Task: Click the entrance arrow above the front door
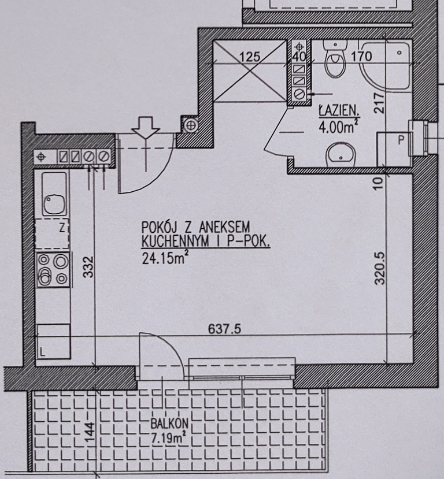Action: click(146, 126)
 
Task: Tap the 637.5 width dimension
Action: click(224, 329)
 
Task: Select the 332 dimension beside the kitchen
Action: click(88, 267)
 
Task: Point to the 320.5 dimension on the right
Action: click(379, 268)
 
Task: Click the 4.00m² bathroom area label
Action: click(338, 127)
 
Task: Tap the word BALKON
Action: click(169, 424)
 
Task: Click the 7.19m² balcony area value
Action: click(169, 438)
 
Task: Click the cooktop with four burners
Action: click(53, 270)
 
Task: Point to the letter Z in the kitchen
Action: click(62, 228)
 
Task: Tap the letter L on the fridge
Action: click(42, 352)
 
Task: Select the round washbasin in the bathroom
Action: click(341, 155)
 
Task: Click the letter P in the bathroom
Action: click(401, 140)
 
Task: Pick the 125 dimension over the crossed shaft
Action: click(250, 57)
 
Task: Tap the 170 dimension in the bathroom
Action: click(361, 56)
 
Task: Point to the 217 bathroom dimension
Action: click(379, 103)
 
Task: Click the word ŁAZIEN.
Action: click(339, 110)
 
